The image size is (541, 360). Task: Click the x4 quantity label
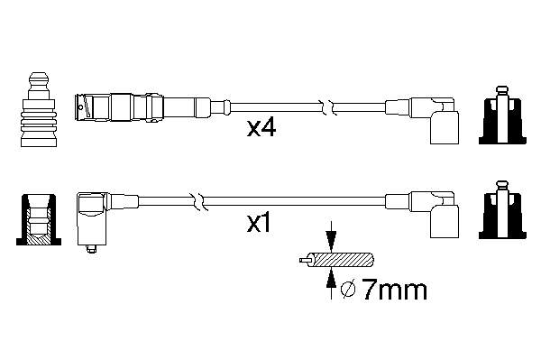pos(261,128)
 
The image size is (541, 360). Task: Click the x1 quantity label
pos(259,224)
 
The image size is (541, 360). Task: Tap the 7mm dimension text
pos(394,291)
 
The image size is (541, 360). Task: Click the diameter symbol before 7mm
pos(348,291)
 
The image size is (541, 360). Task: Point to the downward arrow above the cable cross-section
pos(331,236)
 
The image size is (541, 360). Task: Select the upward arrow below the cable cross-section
pos(331,283)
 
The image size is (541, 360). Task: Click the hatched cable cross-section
pos(343,260)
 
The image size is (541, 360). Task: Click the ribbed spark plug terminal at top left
pos(38,110)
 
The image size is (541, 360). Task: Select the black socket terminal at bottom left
pos(39,219)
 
